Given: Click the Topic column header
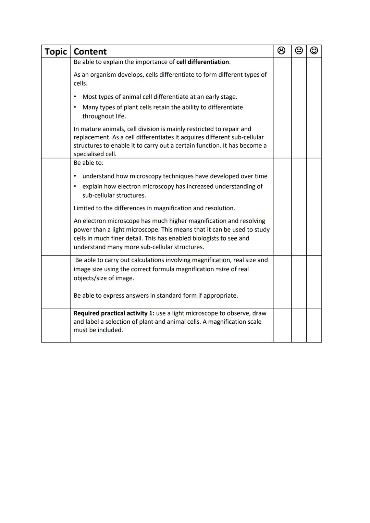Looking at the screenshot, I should [x=56, y=51].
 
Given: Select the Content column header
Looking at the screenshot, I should [x=90, y=51].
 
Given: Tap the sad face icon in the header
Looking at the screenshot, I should [x=281, y=51].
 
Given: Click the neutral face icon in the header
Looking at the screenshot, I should [x=299, y=51].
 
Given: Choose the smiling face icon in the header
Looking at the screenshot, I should [x=314, y=51].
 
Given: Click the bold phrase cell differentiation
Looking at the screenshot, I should [x=202, y=62].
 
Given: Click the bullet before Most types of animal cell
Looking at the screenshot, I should [x=75, y=97].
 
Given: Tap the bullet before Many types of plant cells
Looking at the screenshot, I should [x=75, y=107].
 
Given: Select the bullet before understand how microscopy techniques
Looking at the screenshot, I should [x=75, y=176].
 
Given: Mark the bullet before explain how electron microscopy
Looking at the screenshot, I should [x=75, y=186].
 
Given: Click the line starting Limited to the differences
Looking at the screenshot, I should [x=154, y=208].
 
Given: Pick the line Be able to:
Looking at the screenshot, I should [x=88, y=163].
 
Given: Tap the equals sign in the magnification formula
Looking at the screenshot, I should [x=217, y=269].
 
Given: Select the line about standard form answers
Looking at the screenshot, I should [x=156, y=296].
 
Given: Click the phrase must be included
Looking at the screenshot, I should [x=98, y=330].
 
